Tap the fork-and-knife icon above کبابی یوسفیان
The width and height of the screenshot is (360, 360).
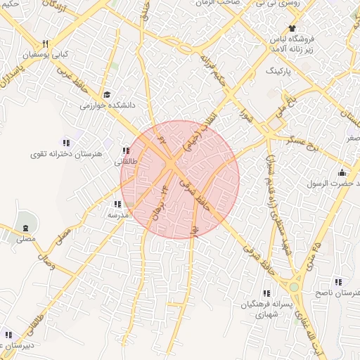[46, 43]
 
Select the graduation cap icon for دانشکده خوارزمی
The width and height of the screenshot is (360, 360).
[107, 94]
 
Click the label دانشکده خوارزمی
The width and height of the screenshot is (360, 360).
[107, 105]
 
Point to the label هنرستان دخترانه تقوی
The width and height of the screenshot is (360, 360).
[67, 153]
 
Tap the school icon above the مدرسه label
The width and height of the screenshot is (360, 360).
[115, 205]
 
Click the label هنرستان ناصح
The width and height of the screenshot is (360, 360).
[333, 292]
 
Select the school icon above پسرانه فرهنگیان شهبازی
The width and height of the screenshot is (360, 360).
[266, 293]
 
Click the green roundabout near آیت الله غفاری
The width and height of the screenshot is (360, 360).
[295, 287]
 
